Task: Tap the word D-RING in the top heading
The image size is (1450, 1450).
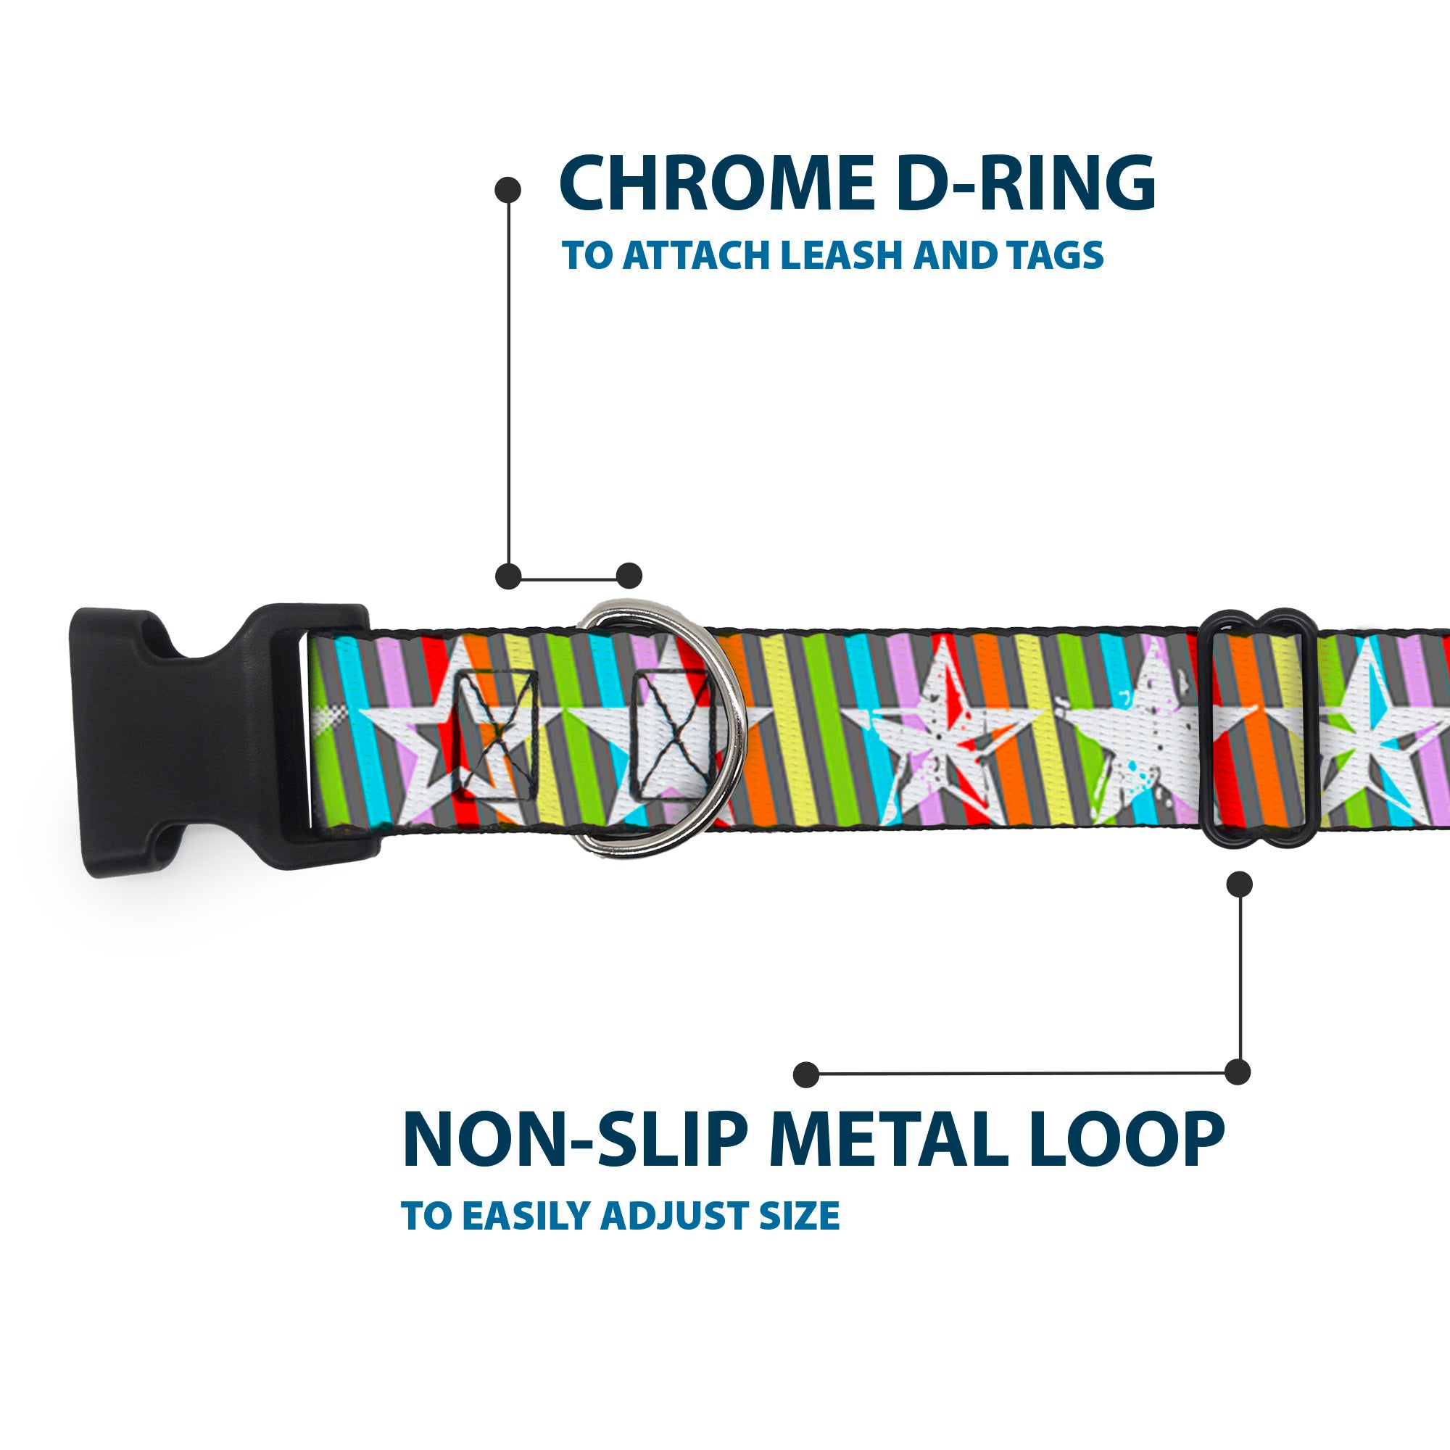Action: point(1025,185)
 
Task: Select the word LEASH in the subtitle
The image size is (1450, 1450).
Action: point(844,256)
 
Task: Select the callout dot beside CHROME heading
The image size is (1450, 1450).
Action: point(508,190)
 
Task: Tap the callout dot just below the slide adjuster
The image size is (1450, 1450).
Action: point(1239,884)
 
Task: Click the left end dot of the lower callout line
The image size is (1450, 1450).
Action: point(806,1074)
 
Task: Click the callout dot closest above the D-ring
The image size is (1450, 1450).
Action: point(629,576)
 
